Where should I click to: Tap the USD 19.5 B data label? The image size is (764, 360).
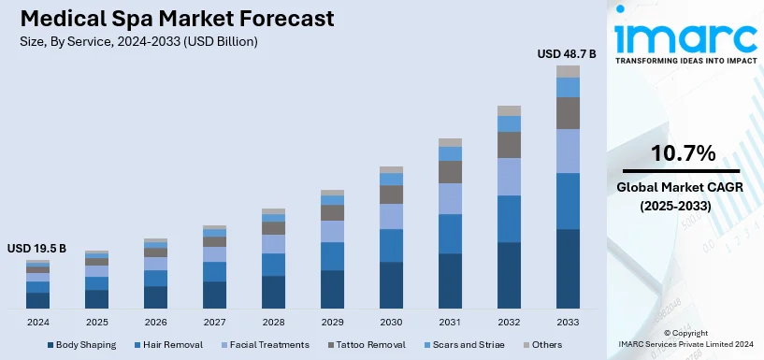pyautogui.click(x=37, y=249)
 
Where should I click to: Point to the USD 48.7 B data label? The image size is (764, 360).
pyautogui.click(x=566, y=54)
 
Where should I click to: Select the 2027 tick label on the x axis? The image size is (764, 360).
pyautogui.click(x=214, y=323)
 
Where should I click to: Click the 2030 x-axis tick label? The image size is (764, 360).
pyautogui.click(x=391, y=323)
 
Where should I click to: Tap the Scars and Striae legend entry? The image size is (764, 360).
pyautogui.click(x=472, y=345)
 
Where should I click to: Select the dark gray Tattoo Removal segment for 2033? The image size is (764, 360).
pyautogui.click(x=568, y=113)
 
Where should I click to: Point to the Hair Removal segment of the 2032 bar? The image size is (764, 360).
pyautogui.click(x=509, y=219)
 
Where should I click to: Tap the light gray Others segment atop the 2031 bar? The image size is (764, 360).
pyautogui.click(x=450, y=142)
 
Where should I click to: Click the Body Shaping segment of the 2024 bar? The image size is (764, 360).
pyautogui.click(x=37, y=300)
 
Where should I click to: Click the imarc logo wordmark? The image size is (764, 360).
pyautogui.click(x=685, y=37)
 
